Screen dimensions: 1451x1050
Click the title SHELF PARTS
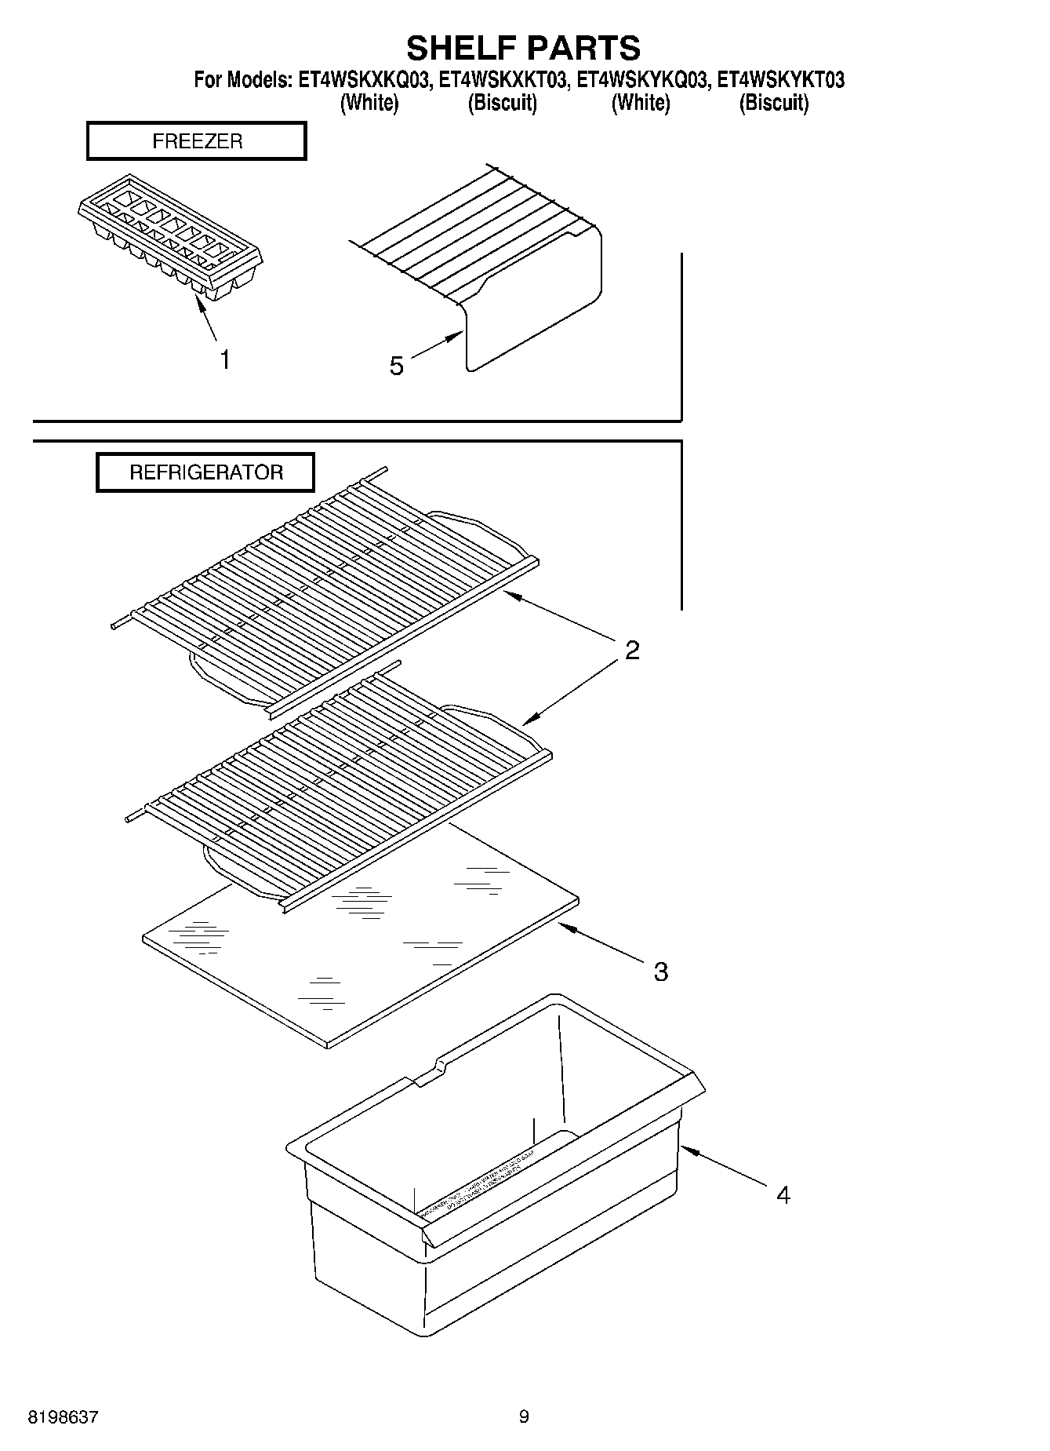tap(523, 49)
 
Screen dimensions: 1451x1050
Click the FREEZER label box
tap(196, 141)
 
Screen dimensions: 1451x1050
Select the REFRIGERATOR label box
tap(205, 472)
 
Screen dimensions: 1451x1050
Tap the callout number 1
tap(225, 360)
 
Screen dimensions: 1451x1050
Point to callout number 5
tap(397, 366)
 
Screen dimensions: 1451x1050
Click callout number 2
tap(632, 650)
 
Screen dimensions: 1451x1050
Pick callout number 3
tap(660, 972)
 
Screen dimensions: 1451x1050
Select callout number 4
tap(783, 1195)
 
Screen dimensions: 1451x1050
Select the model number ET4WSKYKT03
tap(781, 80)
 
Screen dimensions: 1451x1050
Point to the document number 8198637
tap(63, 1417)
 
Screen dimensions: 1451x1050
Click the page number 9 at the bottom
tap(524, 1417)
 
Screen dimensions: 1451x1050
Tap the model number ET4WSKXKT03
tap(502, 80)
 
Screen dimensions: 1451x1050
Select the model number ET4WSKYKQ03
tap(642, 80)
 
